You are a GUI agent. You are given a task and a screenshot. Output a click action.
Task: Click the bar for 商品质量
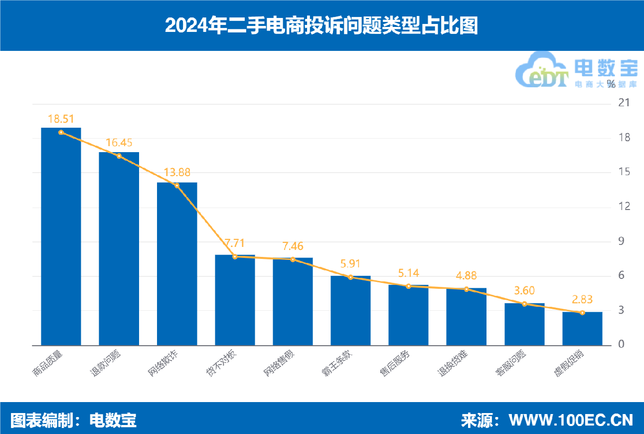[61, 236]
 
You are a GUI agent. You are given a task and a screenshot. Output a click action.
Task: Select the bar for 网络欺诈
[177, 264]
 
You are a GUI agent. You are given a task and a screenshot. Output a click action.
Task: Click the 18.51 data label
[61, 119]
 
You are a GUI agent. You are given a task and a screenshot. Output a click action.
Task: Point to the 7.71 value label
[235, 243]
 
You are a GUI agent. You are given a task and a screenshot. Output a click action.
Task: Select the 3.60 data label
[524, 291]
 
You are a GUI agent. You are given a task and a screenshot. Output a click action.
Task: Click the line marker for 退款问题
[119, 156]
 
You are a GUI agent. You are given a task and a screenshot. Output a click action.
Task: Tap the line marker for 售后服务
[409, 286]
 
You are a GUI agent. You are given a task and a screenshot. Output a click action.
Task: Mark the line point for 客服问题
[524, 304]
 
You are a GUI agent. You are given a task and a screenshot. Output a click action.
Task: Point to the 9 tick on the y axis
[621, 241]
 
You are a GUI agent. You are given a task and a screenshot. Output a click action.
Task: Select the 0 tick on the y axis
[621, 345]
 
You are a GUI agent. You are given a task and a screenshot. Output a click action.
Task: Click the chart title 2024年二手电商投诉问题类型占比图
[322, 25]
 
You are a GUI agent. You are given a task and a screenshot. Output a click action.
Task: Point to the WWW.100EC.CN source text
[571, 420]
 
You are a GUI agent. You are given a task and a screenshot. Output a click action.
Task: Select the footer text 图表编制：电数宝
[73, 420]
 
